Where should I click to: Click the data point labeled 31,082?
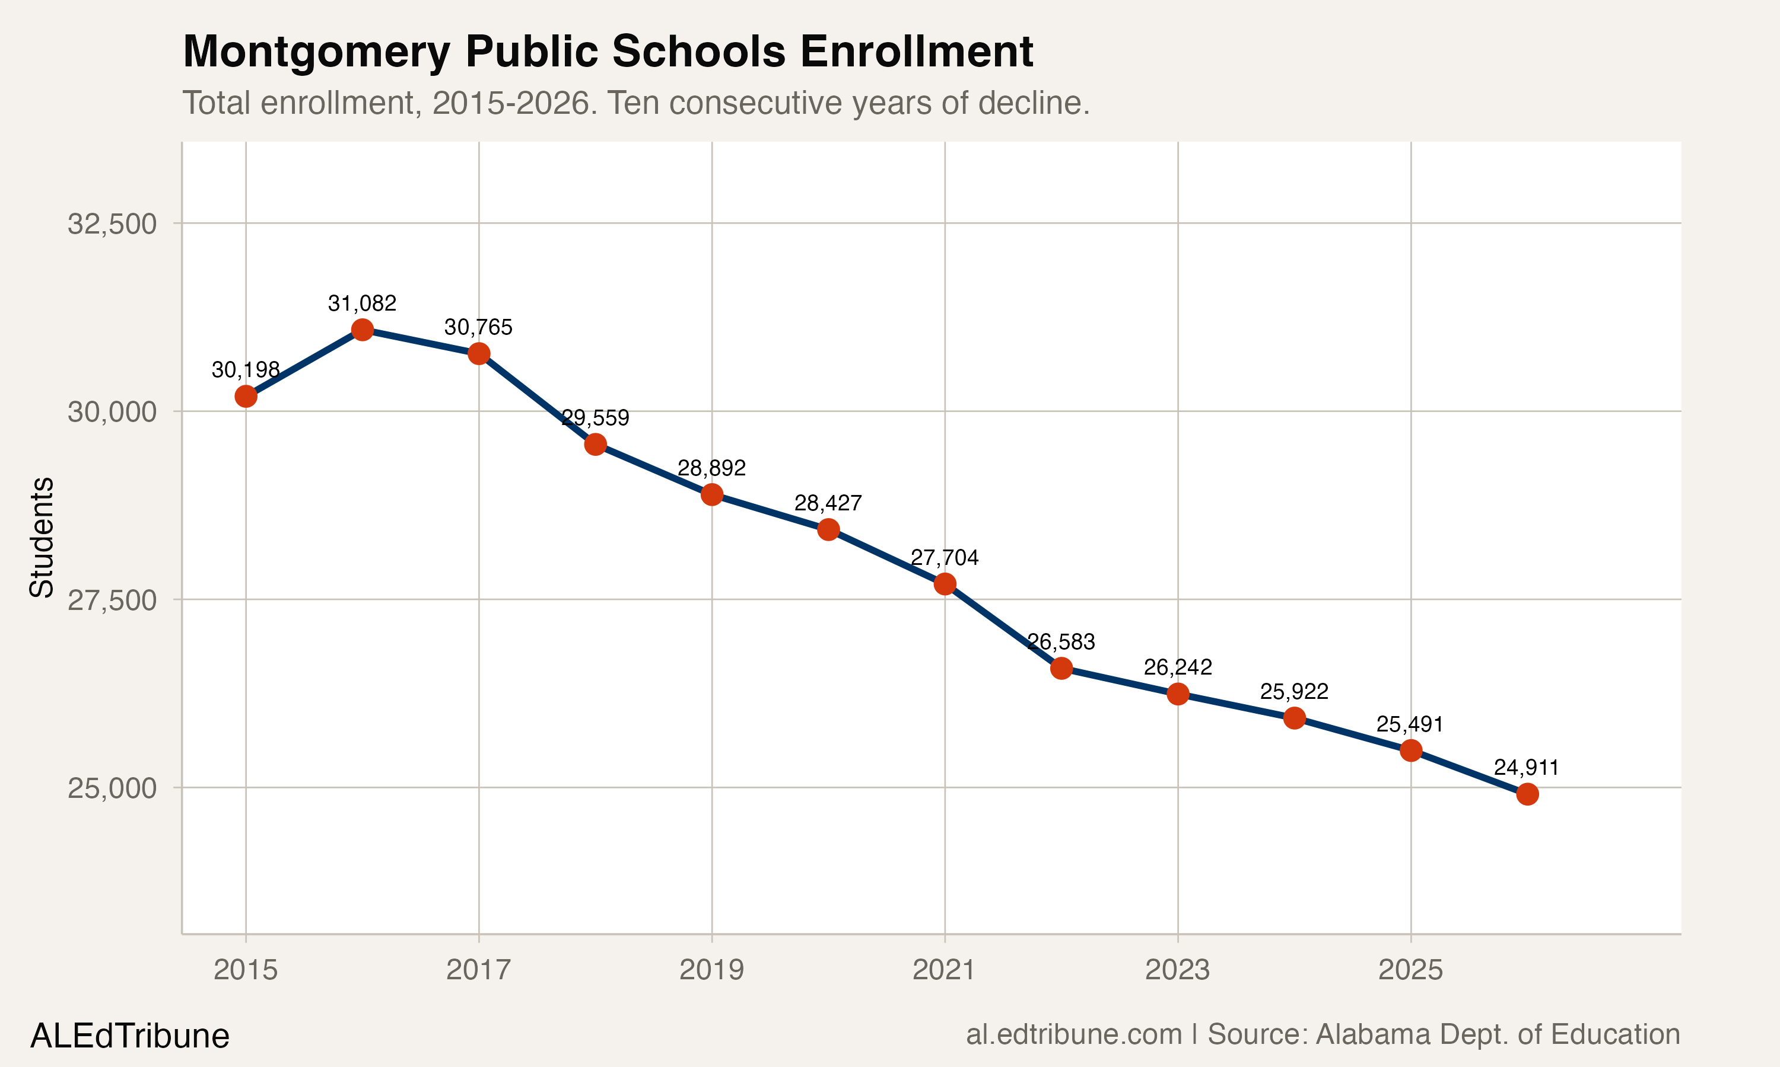point(362,330)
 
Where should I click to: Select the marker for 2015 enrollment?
point(246,396)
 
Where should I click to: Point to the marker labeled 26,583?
point(1061,668)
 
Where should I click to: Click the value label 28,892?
point(711,468)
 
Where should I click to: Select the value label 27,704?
point(944,557)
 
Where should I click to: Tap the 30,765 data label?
point(478,327)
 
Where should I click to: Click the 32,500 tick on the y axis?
point(112,223)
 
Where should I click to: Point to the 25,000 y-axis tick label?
point(112,788)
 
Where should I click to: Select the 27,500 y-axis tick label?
point(112,600)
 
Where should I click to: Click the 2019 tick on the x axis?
point(711,970)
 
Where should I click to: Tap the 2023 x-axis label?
point(1177,970)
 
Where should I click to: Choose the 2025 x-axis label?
point(1410,970)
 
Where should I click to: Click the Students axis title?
point(42,536)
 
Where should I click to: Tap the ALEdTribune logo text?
point(129,1036)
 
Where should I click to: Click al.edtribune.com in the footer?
point(1073,1034)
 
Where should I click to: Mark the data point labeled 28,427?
point(828,529)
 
